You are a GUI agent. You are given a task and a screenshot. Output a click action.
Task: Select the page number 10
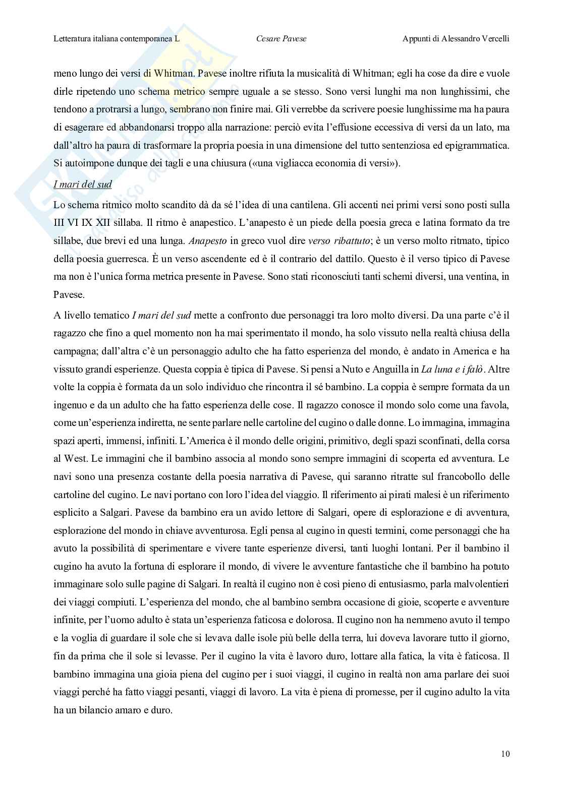point(505,755)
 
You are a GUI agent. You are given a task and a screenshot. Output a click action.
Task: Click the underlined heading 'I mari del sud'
point(83,184)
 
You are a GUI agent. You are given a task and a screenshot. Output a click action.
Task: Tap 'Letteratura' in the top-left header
point(74,38)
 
